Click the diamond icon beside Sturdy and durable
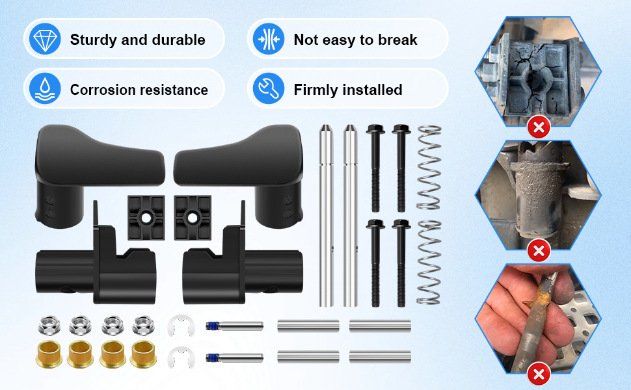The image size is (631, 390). (45, 40)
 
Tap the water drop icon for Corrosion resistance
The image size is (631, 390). (45, 89)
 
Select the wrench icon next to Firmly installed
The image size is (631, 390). (268, 89)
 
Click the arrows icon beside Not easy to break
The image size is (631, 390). (268, 40)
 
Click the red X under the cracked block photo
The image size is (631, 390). (539, 127)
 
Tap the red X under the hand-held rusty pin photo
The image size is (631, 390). (539, 374)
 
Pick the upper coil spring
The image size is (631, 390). (429, 167)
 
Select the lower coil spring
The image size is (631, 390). (429, 263)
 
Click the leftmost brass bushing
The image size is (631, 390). (47, 354)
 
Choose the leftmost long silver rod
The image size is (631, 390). (326, 214)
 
